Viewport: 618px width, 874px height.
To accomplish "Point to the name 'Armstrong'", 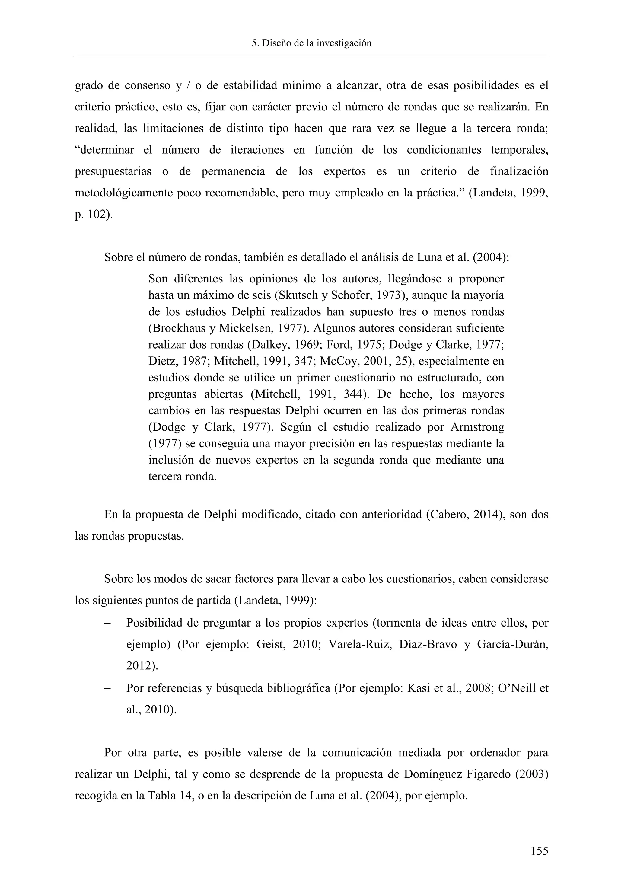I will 477,427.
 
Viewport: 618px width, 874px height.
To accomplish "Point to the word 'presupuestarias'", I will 113,172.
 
